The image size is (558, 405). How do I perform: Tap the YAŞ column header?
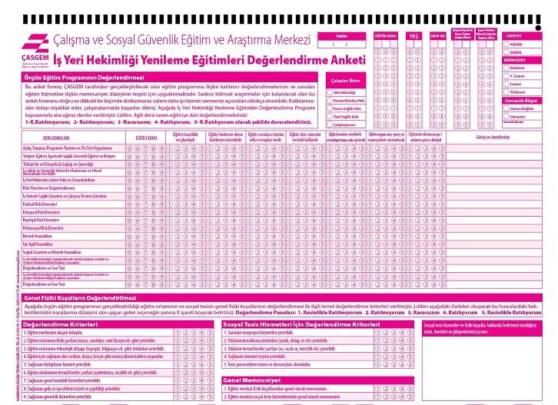(413, 36)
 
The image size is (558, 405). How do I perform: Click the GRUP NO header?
(437, 36)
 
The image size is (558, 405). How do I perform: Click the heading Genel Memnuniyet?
(250, 380)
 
